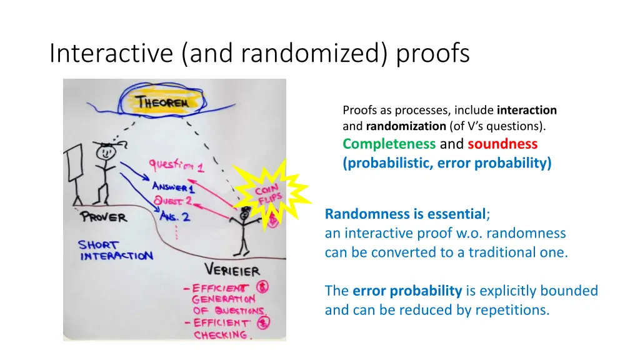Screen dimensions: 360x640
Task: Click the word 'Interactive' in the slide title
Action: [112, 54]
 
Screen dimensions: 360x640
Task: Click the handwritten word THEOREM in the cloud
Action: [162, 102]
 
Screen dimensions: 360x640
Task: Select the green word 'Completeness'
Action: [389, 144]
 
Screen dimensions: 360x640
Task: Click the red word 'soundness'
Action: [502, 144]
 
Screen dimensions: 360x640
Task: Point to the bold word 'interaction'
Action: [526, 110]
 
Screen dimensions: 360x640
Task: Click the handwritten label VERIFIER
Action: [232, 271]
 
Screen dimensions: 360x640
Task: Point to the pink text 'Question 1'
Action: [176, 166]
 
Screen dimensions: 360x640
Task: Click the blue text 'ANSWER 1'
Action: [174, 186]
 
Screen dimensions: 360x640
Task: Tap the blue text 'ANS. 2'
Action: [174, 217]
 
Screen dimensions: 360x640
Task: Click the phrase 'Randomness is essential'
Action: [405, 215]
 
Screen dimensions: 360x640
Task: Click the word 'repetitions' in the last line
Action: [514, 309]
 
